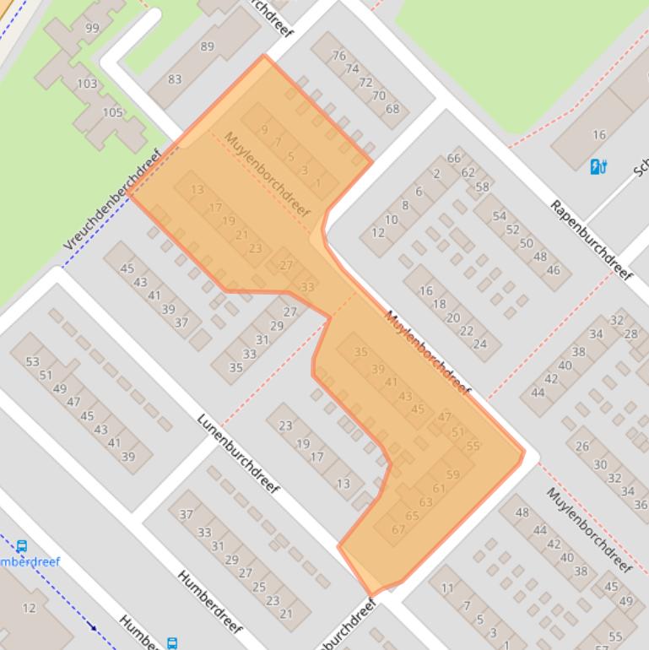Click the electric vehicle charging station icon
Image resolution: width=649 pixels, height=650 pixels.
coord(599,166)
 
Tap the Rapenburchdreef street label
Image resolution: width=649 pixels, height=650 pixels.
coord(591,241)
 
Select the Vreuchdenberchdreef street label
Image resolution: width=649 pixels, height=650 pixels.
coord(111,202)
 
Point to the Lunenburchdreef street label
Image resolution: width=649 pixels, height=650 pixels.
coord(238,453)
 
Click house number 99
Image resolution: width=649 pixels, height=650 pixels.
coord(92,29)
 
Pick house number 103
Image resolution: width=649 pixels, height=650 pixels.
coord(87,84)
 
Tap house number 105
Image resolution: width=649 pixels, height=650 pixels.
coord(112,112)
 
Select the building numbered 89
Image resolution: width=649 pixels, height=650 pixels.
coord(207,47)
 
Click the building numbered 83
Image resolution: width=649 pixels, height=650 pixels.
coord(175,79)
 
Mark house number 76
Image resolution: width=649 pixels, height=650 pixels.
coord(339,57)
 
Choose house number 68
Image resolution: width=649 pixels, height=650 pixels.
coord(392,109)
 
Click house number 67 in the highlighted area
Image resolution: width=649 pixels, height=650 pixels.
coord(398,529)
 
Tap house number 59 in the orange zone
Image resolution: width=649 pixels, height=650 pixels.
coord(453,475)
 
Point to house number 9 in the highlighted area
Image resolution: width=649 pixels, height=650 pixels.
coord(264,130)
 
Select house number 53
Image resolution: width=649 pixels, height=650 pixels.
coord(32,362)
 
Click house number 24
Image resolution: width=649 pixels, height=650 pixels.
coord(480,344)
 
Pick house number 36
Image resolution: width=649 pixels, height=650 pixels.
coord(641,505)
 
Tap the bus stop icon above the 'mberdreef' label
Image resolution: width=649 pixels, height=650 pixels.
coord(22,546)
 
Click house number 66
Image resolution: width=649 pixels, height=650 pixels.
coord(454,159)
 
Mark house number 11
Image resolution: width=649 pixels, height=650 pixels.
coord(446,588)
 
